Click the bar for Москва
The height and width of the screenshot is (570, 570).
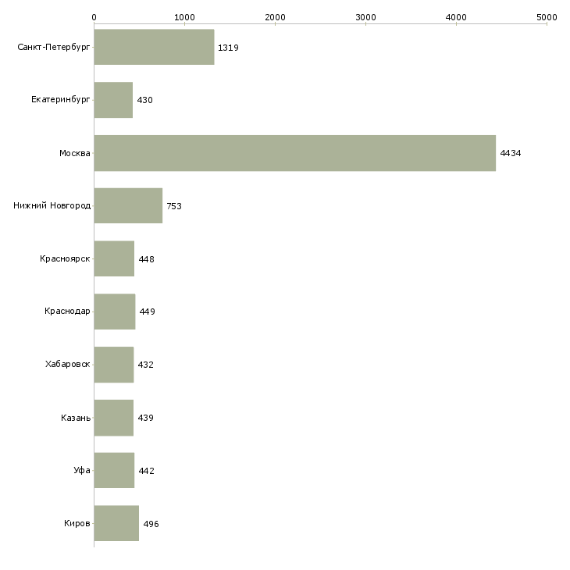click(x=295, y=153)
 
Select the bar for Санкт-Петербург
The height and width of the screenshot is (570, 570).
click(x=154, y=47)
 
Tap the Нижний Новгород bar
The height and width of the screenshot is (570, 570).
click(x=128, y=206)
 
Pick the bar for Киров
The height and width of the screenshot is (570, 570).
click(x=116, y=523)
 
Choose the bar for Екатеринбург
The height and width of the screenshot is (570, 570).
click(x=113, y=100)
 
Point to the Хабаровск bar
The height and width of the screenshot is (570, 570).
click(x=114, y=365)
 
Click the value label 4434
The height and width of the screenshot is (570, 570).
click(x=511, y=153)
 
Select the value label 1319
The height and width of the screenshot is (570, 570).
click(x=228, y=48)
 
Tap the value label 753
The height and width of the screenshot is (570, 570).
click(x=174, y=206)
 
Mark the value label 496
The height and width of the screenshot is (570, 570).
click(x=151, y=524)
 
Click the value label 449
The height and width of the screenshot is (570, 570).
click(x=148, y=312)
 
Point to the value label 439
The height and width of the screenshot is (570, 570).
click(x=145, y=418)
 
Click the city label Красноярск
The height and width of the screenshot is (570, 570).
click(x=65, y=258)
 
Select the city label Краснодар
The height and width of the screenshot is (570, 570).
click(x=67, y=312)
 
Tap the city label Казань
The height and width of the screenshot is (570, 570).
click(x=76, y=418)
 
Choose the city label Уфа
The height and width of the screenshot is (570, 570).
click(x=82, y=470)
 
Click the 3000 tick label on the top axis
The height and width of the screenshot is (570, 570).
click(x=365, y=17)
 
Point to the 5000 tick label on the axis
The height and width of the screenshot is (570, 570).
click(x=547, y=17)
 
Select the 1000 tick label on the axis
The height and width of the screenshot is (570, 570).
click(x=185, y=17)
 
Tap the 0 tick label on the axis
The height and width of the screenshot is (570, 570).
click(x=94, y=17)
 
